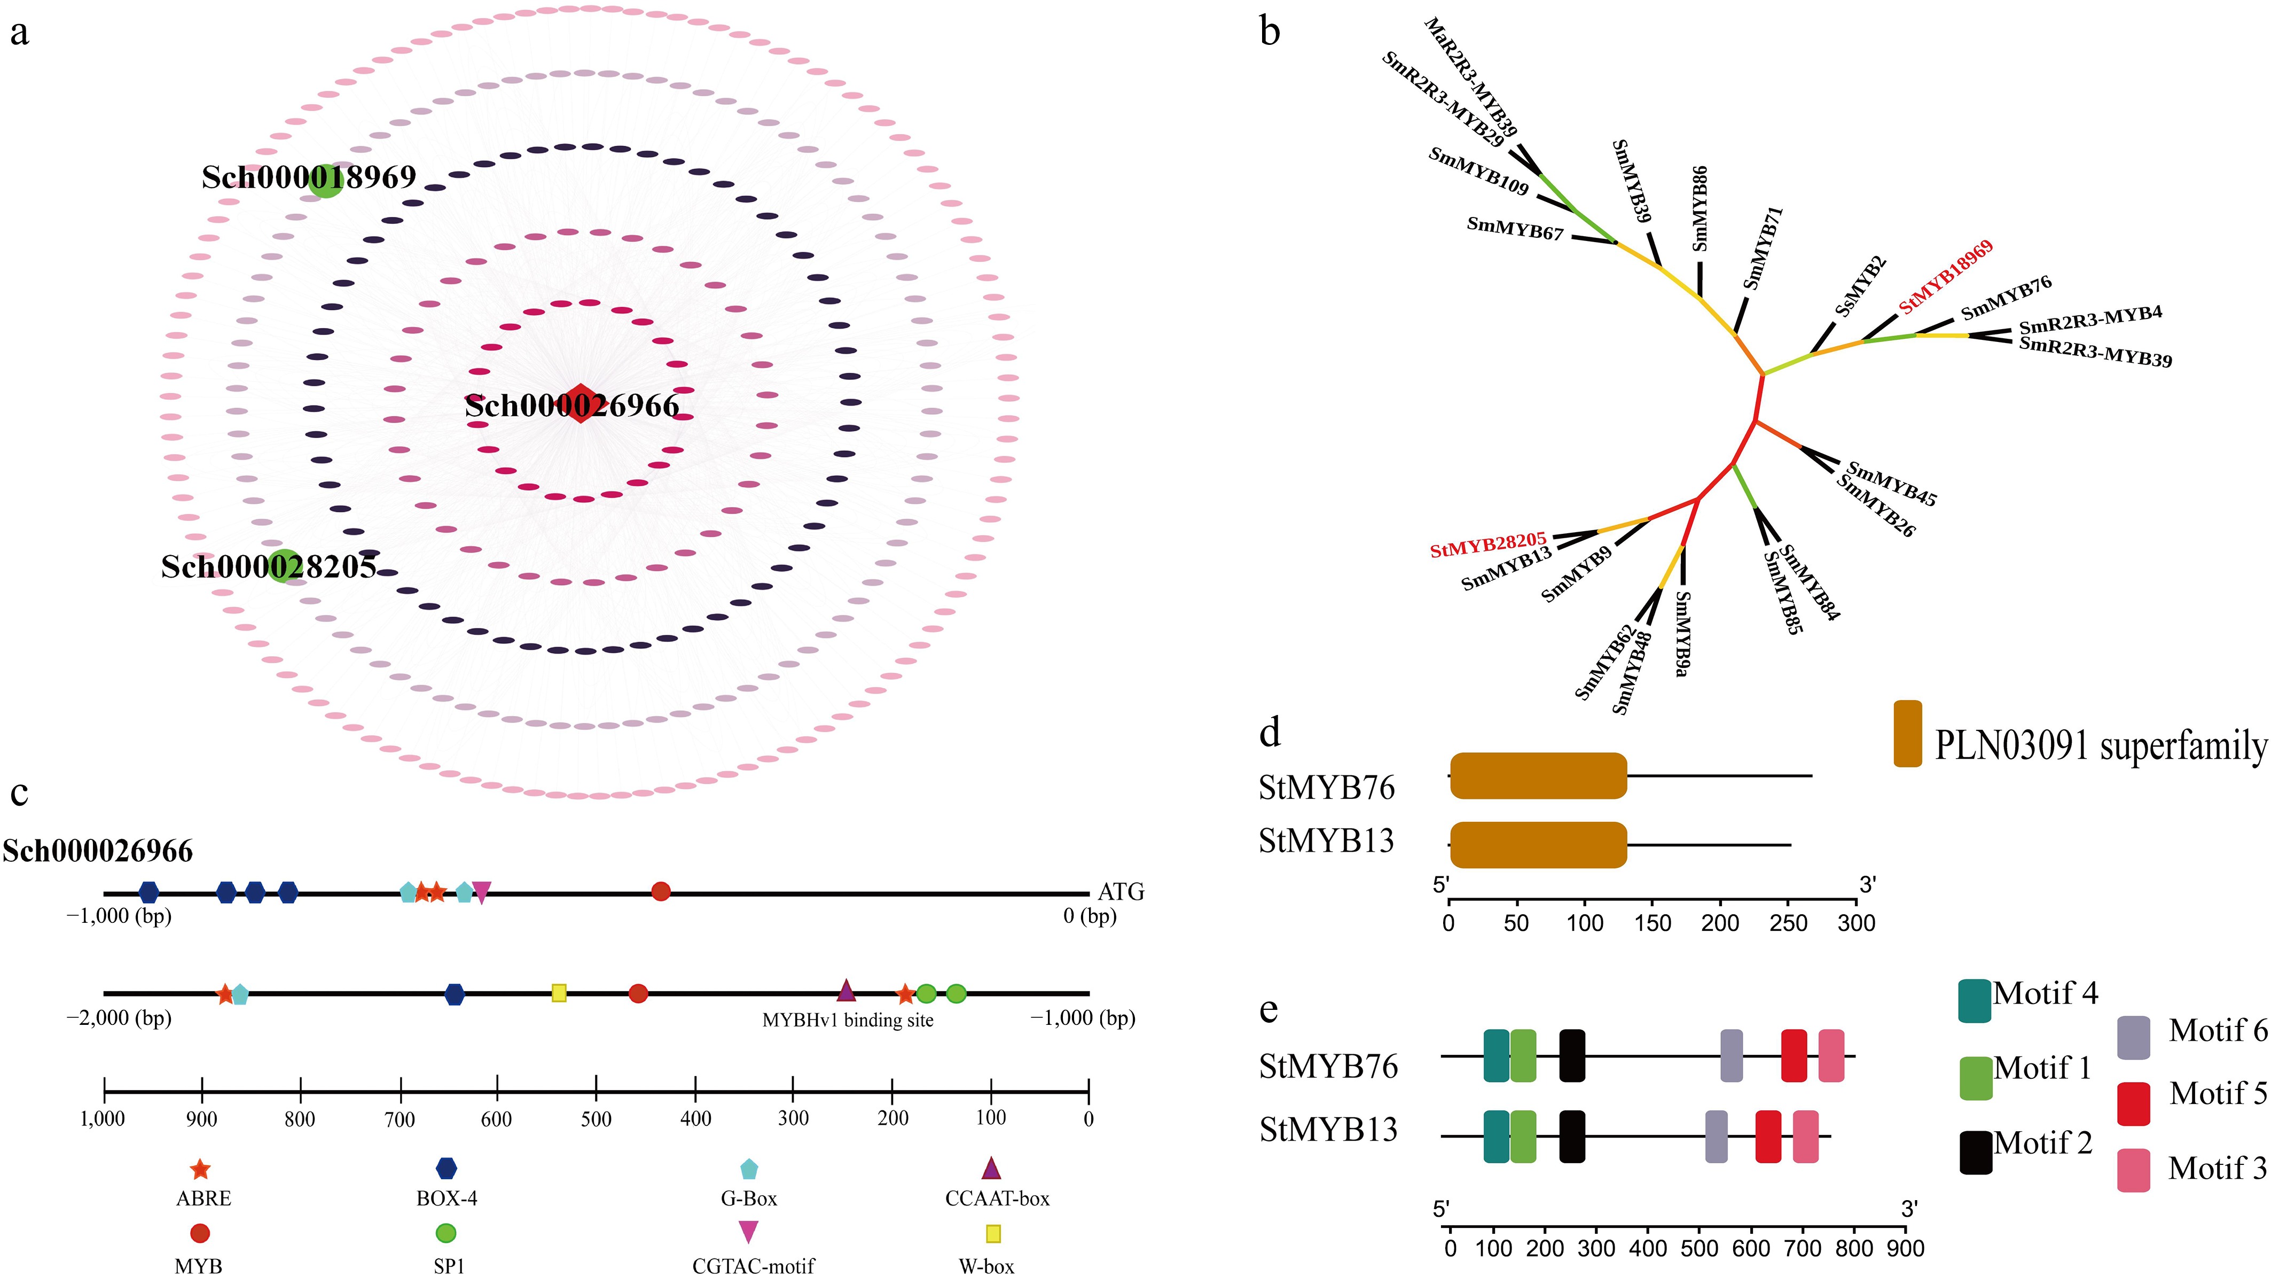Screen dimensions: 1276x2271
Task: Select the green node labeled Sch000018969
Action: (x=325, y=181)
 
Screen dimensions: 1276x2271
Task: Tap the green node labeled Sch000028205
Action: (x=284, y=566)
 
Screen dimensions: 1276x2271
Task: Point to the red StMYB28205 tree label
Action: (x=1487, y=544)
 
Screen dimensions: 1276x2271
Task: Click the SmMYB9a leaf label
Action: (x=1682, y=633)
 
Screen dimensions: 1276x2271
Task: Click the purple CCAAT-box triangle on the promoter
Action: (x=845, y=991)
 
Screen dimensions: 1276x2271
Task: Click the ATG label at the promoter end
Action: (x=1121, y=891)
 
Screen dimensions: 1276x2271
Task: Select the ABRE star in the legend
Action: (x=200, y=1169)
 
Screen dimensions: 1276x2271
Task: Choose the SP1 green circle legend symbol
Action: (x=446, y=1233)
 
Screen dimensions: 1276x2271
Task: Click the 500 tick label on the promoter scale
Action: (x=596, y=1119)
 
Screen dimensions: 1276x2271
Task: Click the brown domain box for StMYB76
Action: (x=1538, y=776)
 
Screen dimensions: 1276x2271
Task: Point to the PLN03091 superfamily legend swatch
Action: (x=1908, y=734)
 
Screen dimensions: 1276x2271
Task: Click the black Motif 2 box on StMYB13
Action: (x=1572, y=1137)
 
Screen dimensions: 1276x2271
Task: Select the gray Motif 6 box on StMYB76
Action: (x=1732, y=1055)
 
